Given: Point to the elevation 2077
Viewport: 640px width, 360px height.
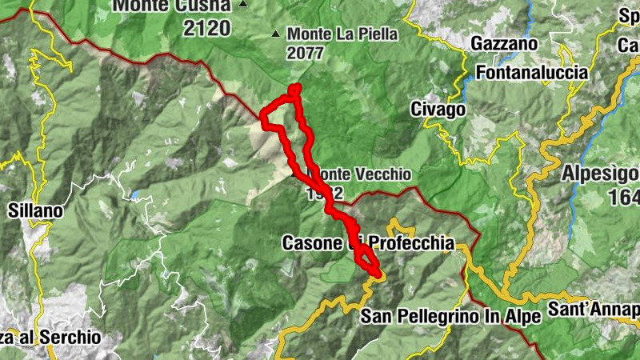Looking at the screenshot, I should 307,54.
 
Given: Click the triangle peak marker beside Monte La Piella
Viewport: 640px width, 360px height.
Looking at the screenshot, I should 277,34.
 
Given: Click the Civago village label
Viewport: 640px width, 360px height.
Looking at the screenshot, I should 438,108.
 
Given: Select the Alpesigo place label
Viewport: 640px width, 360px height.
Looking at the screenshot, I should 600,173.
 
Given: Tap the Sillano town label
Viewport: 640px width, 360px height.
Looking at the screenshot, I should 35,211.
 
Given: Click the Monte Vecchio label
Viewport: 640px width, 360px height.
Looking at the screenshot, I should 364,174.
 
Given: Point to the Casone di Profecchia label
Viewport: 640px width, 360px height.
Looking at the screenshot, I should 368,242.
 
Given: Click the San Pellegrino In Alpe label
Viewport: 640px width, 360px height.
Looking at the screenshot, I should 450,315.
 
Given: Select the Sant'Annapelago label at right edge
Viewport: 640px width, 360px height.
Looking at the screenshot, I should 596,309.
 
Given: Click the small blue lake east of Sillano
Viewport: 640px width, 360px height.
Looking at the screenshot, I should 138,194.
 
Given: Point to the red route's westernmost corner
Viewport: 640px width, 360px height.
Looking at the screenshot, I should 262,118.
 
